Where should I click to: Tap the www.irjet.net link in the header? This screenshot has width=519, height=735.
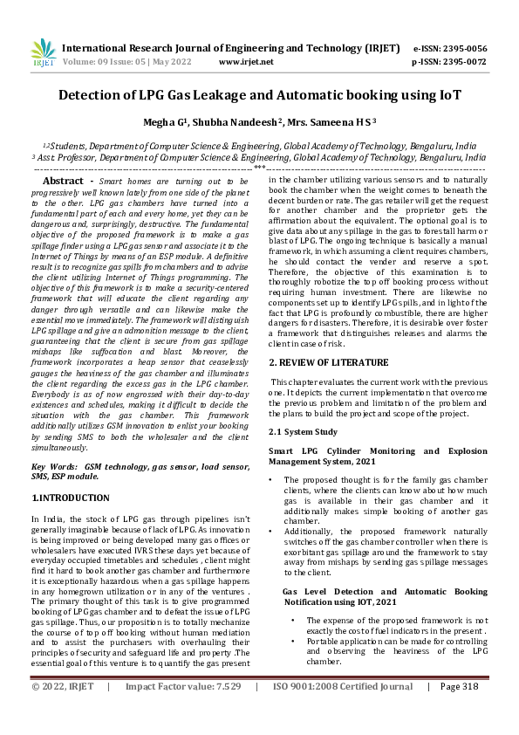(x=246, y=62)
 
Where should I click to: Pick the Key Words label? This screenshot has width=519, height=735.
(x=56, y=468)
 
